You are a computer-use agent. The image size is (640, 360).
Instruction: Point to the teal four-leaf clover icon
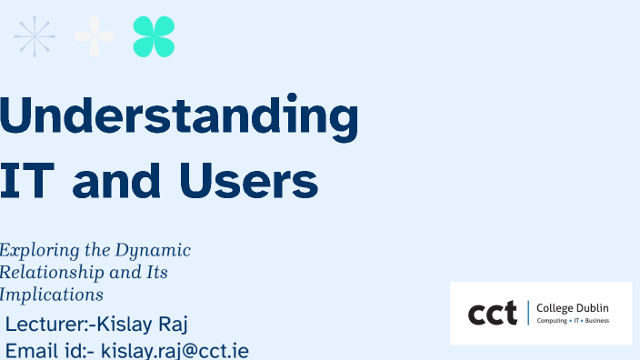(154, 37)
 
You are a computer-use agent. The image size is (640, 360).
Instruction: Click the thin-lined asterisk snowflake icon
(35, 37)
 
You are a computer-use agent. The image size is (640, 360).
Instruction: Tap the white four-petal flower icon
(95, 37)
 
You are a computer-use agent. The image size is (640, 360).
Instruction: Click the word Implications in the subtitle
(51, 295)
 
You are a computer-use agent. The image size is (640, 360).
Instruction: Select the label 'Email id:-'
(50, 351)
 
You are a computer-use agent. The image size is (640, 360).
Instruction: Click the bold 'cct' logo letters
(492, 314)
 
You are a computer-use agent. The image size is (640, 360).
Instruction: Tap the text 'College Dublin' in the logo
(573, 308)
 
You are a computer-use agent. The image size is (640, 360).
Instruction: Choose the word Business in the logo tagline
(597, 321)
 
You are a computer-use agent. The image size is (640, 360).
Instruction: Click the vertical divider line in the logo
(527, 314)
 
